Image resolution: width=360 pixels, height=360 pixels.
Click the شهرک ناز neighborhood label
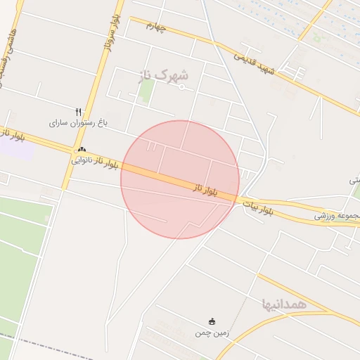click(x=165, y=75)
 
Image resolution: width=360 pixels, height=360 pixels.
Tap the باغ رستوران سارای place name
click(x=78, y=122)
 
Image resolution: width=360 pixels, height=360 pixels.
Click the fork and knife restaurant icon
click(x=78, y=111)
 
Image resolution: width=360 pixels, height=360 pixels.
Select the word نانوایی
click(x=82, y=160)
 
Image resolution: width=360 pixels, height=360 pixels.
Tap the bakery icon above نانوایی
click(x=82, y=149)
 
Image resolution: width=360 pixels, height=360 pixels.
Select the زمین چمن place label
click(x=212, y=333)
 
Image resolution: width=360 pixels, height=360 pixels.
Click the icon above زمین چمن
click(x=212, y=321)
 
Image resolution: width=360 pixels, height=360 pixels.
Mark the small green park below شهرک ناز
click(x=146, y=92)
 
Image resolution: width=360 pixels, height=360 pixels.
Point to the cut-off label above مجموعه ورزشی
click(x=354, y=181)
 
